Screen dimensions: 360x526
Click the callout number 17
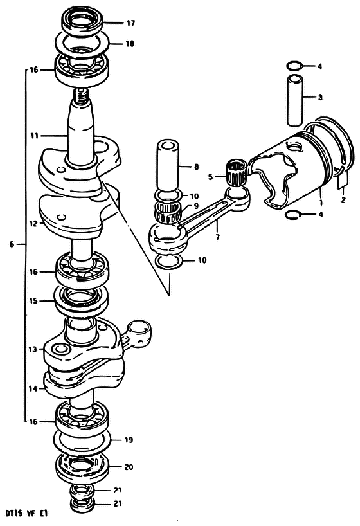point(130,23)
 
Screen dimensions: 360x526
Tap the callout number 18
point(130,44)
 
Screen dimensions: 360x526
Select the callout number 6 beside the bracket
point(12,244)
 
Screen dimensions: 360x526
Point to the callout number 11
point(35,136)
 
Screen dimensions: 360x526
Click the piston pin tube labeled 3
point(295,100)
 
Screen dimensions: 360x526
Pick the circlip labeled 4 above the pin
point(295,66)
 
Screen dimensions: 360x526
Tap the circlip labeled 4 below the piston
point(292,215)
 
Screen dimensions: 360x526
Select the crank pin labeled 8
point(168,166)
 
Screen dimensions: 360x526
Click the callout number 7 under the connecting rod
point(218,237)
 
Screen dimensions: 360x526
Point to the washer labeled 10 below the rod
point(170,263)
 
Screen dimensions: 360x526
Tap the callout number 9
point(196,206)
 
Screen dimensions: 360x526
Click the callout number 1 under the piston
point(321,203)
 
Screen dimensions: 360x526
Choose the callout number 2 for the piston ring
point(343,200)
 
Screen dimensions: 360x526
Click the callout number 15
point(33,301)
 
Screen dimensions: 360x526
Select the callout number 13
point(33,350)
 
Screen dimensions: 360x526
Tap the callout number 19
point(129,440)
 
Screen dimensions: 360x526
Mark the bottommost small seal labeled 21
point(82,504)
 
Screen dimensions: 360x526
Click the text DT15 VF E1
point(28,513)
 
